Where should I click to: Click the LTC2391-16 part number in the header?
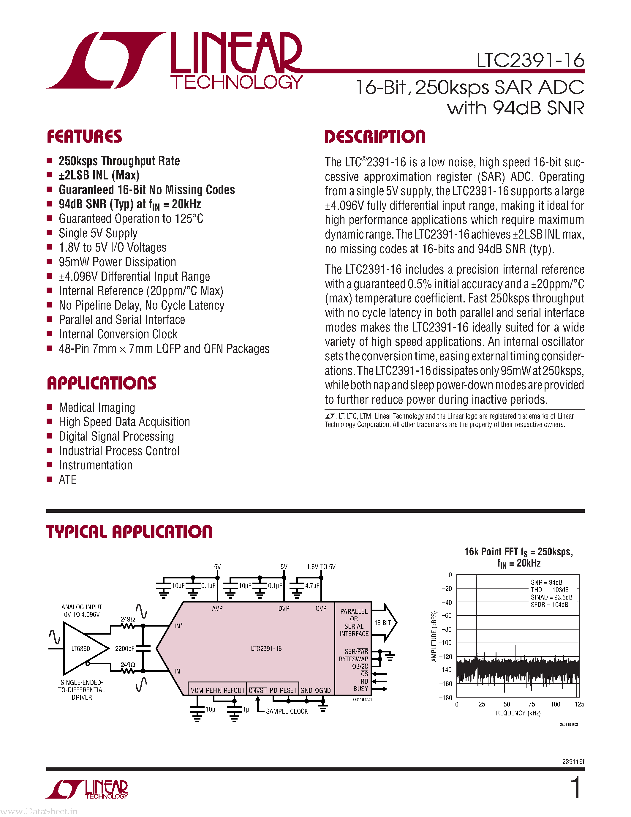pyautogui.click(x=530, y=61)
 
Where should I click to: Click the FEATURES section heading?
pyautogui.click(x=85, y=137)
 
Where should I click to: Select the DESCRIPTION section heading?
pyautogui.click(x=375, y=137)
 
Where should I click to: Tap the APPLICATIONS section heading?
pyautogui.click(x=102, y=384)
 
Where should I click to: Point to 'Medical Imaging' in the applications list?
pyautogui.click(x=97, y=407)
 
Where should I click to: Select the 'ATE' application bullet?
pyautogui.click(x=68, y=480)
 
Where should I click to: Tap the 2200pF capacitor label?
pyautogui.click(x=124, y=648)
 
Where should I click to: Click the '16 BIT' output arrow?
pyautogui.click(x=384, y=623)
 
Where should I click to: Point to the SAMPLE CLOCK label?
pyautogui.click(x=287, y=711)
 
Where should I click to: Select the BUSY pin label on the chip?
pyautogui.click(x=361, y=689)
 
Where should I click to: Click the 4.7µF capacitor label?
pyautogui.click(x=312, y=586)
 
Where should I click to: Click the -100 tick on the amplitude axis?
pyautogui.click(x=445, y=643)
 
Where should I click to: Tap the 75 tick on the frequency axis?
pyautogui.click(x=531, y=704)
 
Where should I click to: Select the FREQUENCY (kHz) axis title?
pyautogui.click(x=517, y=713)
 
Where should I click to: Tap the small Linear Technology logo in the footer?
pyautogui.click(x=88, y=789)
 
